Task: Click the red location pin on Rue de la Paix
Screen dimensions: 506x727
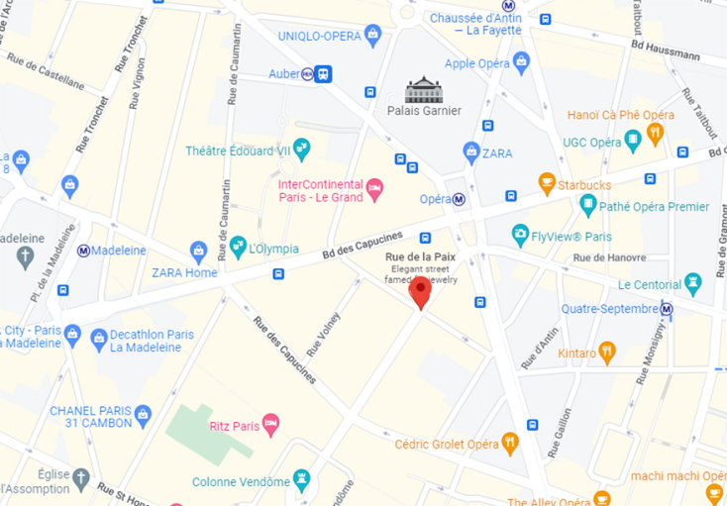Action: tap(421, 292)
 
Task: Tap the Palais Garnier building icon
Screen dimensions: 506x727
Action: tap(424, 89)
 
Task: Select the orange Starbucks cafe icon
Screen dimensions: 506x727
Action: tap(547, 183)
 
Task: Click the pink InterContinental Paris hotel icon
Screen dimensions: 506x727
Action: tap(374, 188)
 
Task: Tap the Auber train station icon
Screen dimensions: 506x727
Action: tap(323, 73)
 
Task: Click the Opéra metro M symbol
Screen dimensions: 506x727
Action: tap(460, 199)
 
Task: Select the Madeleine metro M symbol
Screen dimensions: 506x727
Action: tap(84, 251)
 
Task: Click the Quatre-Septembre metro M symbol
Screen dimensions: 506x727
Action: tap(668, 310)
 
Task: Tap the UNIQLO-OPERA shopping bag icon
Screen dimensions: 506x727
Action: tap(373, 37)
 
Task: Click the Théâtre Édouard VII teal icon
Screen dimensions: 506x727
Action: tap(301, 151)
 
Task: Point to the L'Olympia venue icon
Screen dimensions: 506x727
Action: tap(238, 245)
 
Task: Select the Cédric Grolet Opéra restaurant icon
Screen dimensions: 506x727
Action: tap(510, 443)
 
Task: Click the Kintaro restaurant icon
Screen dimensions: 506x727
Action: tap(607, 352)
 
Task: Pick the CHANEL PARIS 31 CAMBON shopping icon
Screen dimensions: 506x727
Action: tap(143, 413)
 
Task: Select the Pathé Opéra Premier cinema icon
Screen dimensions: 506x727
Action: tap(588, 206)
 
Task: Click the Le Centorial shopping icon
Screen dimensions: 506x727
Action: tap(692, 284)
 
